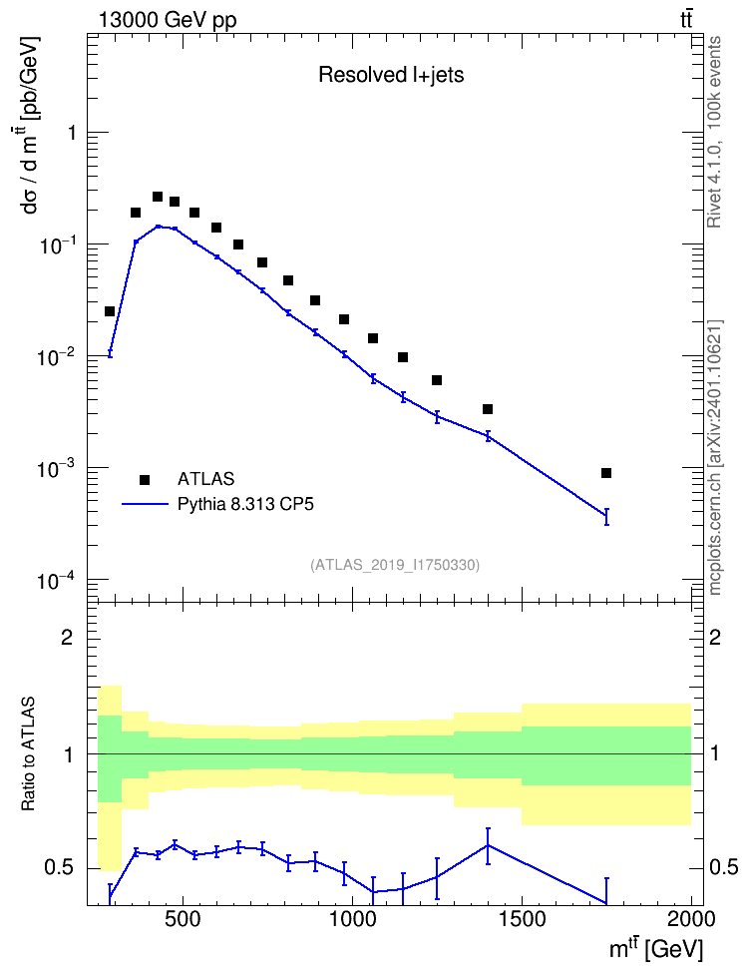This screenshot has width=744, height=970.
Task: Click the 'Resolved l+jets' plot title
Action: tap(391, 75)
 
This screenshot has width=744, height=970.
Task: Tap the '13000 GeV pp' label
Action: tap(167, 20)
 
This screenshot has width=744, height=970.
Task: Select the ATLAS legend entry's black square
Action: tap(145, 479)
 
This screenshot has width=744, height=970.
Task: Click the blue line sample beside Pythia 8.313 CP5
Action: tap(146, 504)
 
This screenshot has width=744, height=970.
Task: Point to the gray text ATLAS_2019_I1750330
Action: tap(395, 564)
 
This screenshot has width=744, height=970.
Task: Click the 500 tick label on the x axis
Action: tap(183, 919)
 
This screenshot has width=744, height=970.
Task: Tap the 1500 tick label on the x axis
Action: tap(521, 919)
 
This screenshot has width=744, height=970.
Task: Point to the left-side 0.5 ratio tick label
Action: tap(60, 867)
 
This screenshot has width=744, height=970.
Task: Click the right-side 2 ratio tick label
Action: tap(715, 637)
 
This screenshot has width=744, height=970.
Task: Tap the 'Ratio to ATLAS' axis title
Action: tap(28, 753)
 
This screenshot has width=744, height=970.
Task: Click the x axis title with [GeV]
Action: tap(655, 948)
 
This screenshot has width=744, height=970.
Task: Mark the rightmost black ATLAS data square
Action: tap(606, 473)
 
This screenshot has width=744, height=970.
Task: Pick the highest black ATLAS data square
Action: tap(158, 197)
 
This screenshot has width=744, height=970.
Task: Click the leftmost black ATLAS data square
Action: tap(110, 311)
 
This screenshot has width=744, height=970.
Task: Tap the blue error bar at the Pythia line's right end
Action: tap(606, 517)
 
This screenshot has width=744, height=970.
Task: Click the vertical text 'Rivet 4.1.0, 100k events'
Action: tap(714, 132)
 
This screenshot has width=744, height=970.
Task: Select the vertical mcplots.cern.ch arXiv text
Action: tap(715, 457)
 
